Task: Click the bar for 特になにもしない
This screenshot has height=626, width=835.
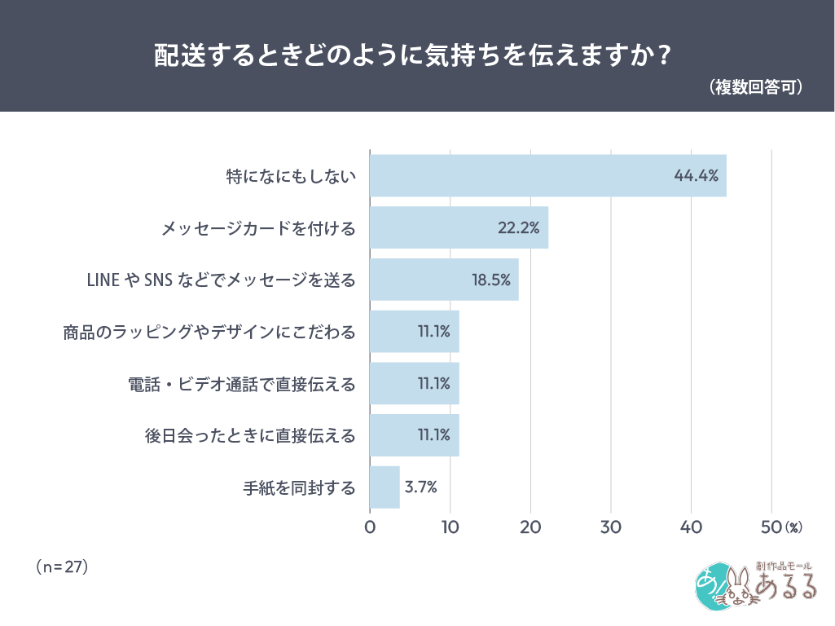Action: [x=547, y=174]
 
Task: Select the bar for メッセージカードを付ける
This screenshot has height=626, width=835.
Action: [x=459, y=227]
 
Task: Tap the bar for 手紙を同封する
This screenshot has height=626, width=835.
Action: [x=385, y=487]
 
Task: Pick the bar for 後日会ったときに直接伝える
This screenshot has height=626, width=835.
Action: [x=414, y=435]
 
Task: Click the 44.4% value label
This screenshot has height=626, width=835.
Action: [x=696, y=175]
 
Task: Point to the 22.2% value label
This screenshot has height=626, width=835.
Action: [x=518, y=227]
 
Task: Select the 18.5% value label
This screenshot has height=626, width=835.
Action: [x=490, y=280]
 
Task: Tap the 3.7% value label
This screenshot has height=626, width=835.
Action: [x=421, y=487]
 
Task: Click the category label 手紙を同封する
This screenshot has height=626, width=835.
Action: [x=300, y=488]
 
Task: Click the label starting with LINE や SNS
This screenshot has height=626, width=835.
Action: [x=221, y=280]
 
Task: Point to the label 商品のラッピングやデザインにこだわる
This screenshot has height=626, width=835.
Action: [x=209, y=332]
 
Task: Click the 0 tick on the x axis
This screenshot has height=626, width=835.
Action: [x=370, y=527]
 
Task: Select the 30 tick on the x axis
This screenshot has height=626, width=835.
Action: [x=611, y=527]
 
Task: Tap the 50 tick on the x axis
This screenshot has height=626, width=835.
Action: [x=771, y=527]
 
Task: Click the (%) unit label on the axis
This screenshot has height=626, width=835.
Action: [x=793, y=528]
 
